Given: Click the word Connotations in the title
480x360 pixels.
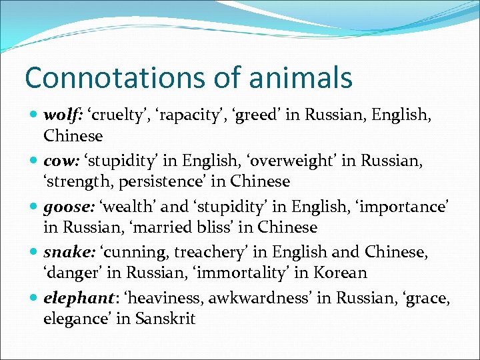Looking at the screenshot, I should point(109,78).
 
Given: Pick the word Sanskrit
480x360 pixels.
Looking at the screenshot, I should point(165,318).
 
